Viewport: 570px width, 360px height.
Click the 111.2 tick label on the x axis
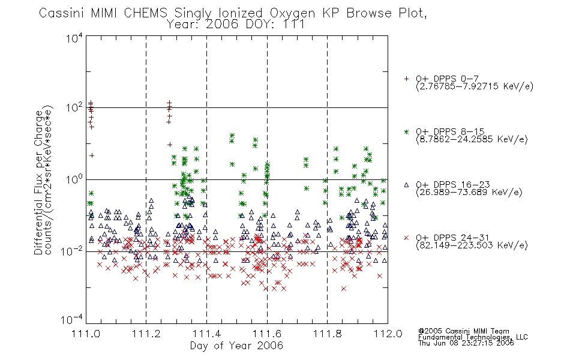(146, 334)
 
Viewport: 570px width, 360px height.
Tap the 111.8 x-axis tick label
(327, 334)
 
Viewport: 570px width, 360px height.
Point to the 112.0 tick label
(388, 334)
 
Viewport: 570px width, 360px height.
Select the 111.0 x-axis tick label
(86, 334)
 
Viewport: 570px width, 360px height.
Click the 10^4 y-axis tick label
(74, 38)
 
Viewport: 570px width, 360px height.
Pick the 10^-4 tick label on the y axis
(71, 320)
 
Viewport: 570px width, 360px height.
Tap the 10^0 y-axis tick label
(74, 179)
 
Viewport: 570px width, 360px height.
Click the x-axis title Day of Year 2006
(236, 346)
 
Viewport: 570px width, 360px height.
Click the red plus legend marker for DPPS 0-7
(406, 79)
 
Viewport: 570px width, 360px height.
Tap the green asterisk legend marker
(406, 131)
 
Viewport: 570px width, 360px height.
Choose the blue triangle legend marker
(406, 185)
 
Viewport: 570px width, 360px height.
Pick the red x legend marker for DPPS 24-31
(406, 238)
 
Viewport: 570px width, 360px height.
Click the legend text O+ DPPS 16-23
(453, 184)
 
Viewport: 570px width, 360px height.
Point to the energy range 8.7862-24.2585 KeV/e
(472, 139)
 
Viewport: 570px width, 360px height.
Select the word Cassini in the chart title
(62, 13)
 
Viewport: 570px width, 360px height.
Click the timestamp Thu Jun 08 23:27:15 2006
(466, 343)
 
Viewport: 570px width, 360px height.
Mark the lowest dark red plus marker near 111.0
(92, 155)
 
